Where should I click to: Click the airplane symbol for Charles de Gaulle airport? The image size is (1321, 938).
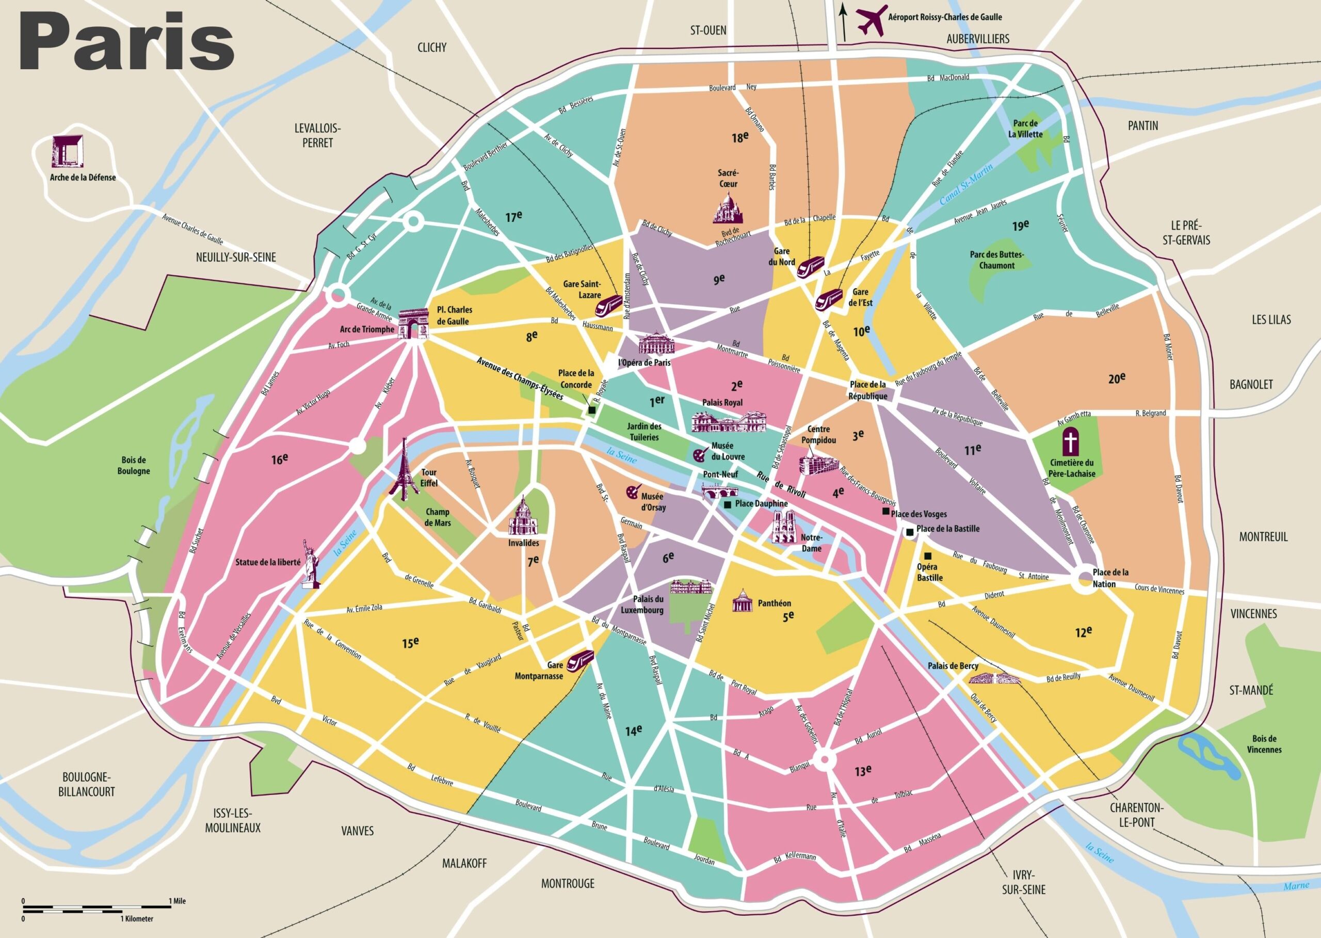872,20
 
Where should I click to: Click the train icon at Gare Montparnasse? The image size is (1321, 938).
579,660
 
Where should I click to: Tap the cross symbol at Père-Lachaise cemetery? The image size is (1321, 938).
1071,442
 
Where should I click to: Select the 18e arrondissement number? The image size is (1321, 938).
739,137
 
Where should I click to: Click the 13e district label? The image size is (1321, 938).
863,771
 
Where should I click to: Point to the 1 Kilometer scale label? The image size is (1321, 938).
137,918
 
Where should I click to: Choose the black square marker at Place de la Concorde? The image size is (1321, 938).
591,410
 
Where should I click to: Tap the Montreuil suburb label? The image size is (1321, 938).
1263,536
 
